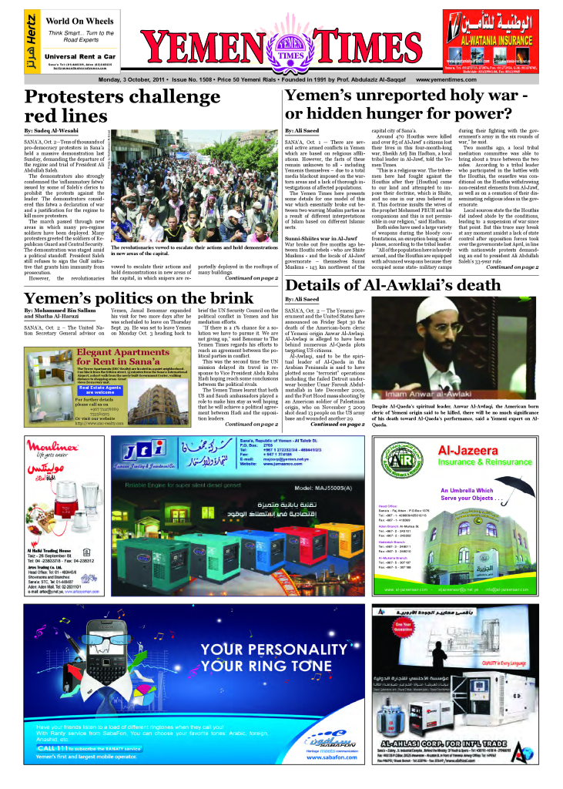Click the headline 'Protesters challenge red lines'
111,106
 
